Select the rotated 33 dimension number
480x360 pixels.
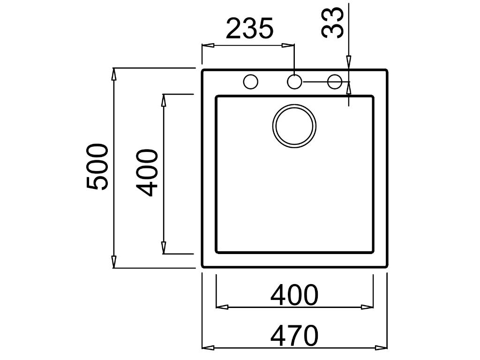333,23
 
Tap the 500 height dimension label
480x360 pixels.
98,167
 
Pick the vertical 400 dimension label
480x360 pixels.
148,172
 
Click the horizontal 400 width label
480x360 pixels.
294,295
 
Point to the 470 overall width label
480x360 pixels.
294,336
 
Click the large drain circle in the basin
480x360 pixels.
294,126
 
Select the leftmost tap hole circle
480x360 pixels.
251,82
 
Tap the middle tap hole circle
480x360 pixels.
294,82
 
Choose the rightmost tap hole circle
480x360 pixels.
335,82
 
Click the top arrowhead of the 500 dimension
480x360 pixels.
114,74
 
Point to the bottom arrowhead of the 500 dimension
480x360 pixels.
114,262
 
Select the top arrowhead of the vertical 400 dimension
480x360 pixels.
164,100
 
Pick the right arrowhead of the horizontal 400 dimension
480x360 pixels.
367,307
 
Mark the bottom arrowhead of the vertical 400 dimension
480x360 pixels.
164,247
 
